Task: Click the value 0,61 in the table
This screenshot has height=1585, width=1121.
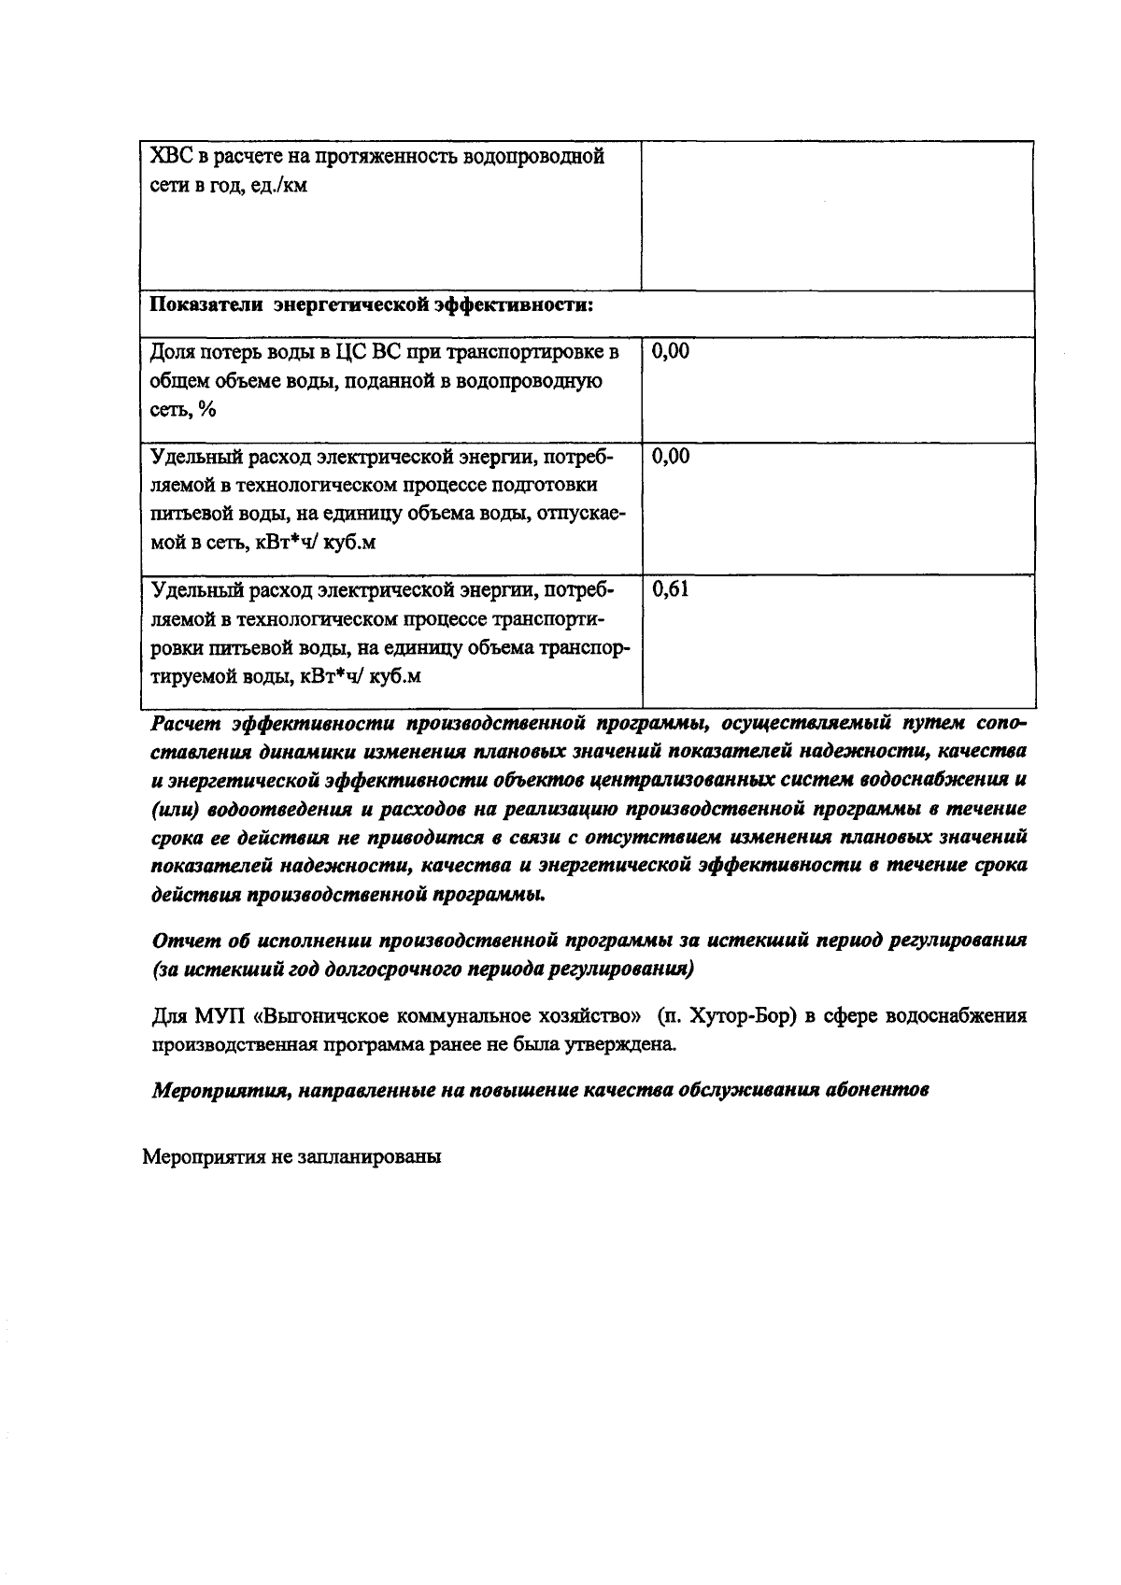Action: [x=671, y=589]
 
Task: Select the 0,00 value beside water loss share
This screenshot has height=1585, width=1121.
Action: [x=671, y=351]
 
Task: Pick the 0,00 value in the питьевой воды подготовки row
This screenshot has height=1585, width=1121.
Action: [x=671, y=456]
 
